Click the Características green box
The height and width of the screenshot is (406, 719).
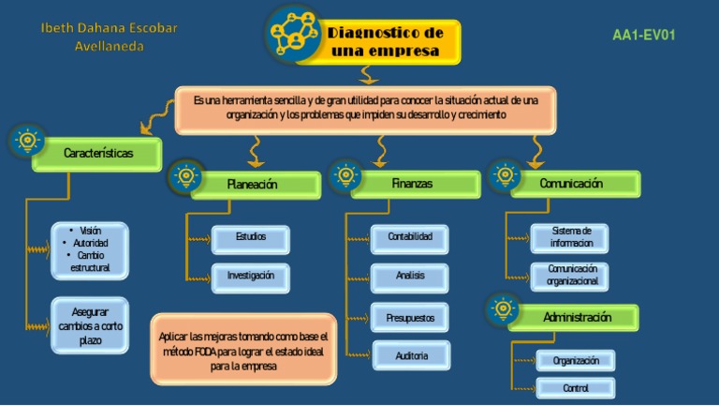[98, 154]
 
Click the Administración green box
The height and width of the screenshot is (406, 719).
[578, 318]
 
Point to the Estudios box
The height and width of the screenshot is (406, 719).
[251, 238]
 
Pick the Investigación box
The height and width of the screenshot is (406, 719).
[251, 277]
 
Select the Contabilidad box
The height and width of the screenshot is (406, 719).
[410, 238]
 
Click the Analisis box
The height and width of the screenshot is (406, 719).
[410, 277]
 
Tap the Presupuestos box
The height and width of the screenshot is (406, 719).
[410, 318]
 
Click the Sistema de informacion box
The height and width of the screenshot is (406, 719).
[570, 237]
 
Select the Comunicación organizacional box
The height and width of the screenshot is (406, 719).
[570, 275]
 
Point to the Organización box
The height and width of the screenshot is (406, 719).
[576, 360]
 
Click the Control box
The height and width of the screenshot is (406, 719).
[576, 387]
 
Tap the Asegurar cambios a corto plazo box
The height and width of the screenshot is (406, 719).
[90, 325]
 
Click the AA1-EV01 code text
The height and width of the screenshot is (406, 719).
[643, 36]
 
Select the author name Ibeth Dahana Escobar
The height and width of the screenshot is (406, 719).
[109, 28]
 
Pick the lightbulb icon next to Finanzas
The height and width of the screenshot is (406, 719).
[345, 175]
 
